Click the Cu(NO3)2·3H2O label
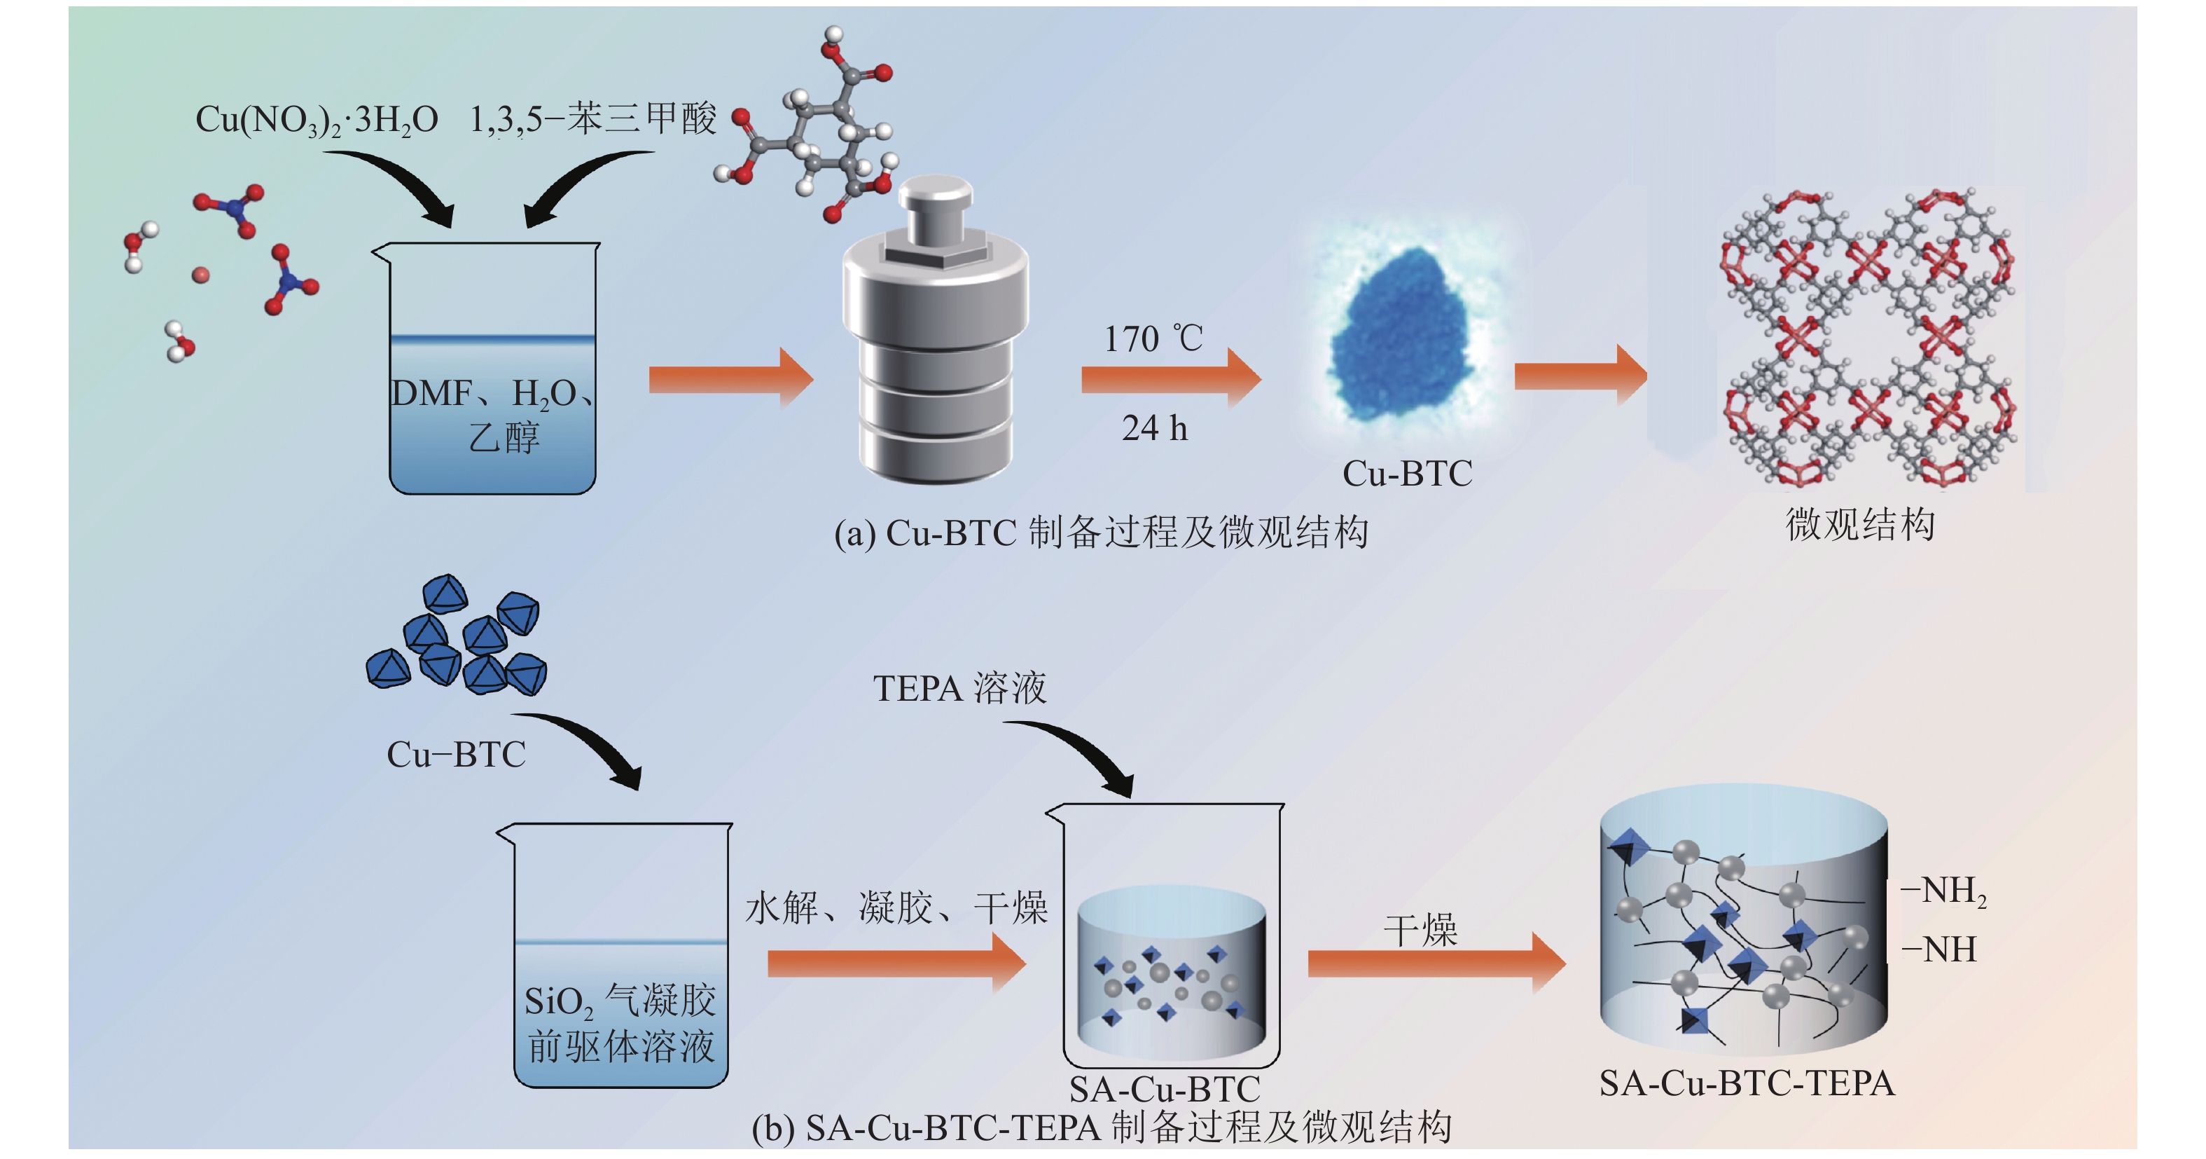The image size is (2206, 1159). point(316,120)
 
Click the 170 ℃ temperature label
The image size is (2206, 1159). point(1153,339)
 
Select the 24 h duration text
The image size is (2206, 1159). point(1154,427)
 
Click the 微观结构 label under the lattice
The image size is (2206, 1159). point(1860,524)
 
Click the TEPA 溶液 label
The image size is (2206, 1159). point(959,688)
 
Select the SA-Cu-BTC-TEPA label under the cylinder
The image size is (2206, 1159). point(1747,1083)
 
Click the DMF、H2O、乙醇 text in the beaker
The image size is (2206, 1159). point(492,416)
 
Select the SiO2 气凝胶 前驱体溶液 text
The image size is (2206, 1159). point(621,1024)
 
